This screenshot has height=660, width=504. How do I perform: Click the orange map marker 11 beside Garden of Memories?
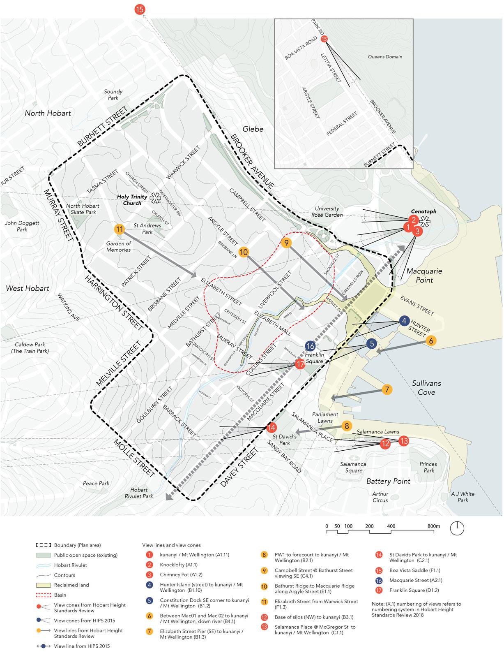[120, 229]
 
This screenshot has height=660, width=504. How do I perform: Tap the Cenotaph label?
[423, 211]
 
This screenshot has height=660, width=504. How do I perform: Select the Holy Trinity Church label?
[129, 199]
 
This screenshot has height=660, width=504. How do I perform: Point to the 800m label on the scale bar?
[433, 526]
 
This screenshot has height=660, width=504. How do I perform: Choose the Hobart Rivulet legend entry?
[71, 565]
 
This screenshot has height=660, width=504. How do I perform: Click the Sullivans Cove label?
[426, 387]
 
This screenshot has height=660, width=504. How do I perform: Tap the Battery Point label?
[388, 481]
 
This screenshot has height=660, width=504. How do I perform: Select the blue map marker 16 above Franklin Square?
[310, 346]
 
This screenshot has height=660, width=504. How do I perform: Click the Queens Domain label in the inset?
[385, 57]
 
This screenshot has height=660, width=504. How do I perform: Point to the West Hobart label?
[28, 288]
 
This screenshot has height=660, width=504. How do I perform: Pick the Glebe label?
[253, 129]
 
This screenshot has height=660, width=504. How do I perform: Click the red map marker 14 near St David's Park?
[271, 427]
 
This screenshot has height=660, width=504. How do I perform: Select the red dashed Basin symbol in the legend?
[43, 595]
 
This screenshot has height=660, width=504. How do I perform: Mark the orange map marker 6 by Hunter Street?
[431, 340]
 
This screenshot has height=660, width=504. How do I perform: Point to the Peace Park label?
[96, 483]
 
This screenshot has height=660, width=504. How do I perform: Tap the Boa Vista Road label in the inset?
[301, 48]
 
